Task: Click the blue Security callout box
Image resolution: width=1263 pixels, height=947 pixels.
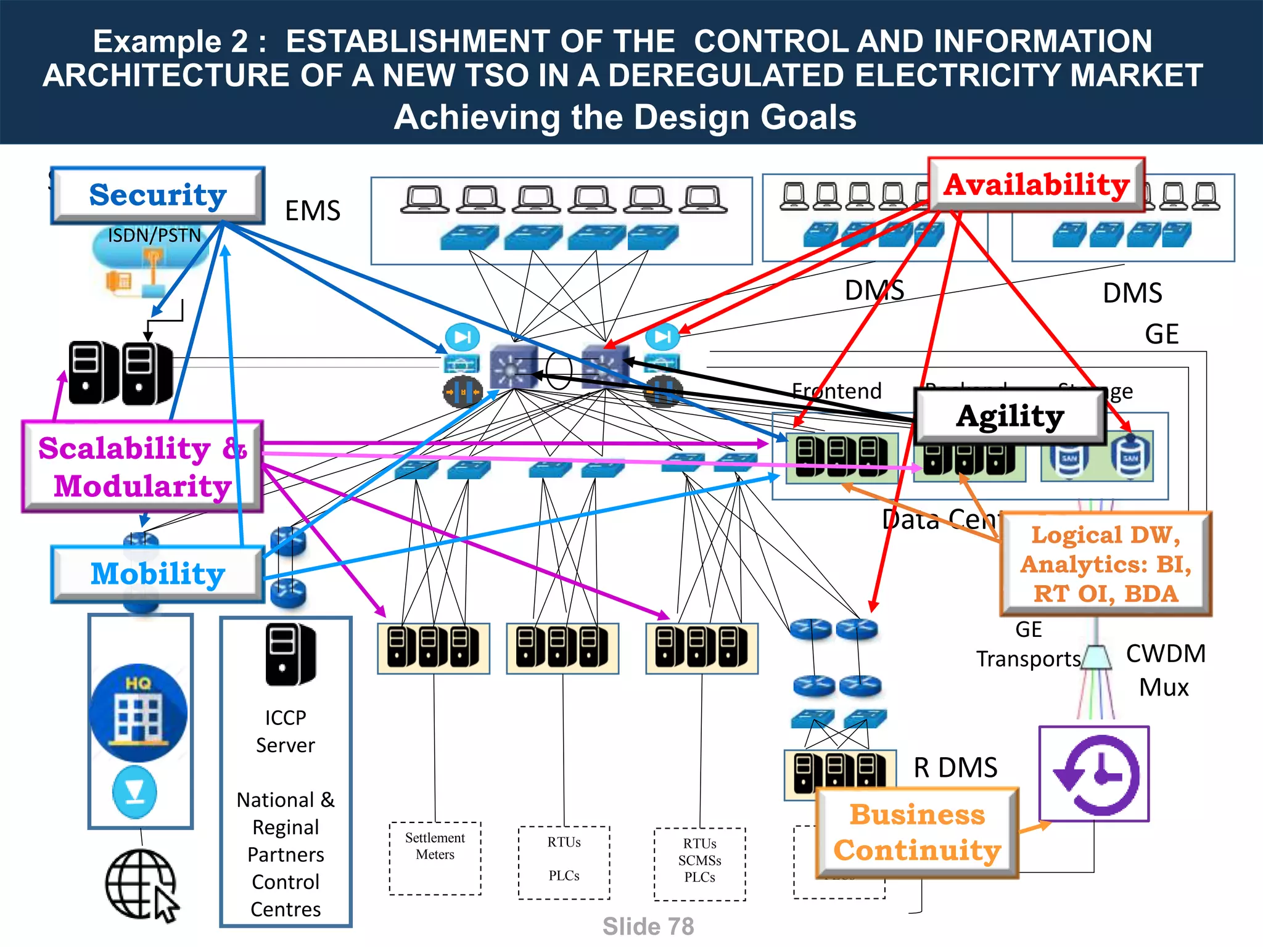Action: tap(158, 195)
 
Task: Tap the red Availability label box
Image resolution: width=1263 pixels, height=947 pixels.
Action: tap(1036, 185)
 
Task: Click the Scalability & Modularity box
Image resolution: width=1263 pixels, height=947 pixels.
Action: tap(142, 467)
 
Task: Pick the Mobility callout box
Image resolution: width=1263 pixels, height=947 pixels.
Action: tap(158, 574)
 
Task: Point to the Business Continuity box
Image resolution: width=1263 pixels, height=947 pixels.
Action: tap(916, 832)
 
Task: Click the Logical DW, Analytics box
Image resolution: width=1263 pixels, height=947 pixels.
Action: tap(1106, 564)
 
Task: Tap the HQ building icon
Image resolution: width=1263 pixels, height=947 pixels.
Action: tap(138, 713)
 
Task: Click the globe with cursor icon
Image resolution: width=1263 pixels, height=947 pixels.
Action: tap(142, 885)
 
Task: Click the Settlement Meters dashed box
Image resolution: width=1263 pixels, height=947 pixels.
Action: tap(435, 858)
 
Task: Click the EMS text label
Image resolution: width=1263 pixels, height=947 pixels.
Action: tap(313, 211)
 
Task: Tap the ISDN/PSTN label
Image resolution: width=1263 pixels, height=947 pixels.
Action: tap(154, 236)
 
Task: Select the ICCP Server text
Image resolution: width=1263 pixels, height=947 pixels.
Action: tap(286, 731)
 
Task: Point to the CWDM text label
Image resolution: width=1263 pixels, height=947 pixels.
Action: tap(1165, 654)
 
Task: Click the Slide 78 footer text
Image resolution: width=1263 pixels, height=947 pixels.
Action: tap(648, 927)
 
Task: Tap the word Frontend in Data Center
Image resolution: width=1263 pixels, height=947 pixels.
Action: tap(836, 391)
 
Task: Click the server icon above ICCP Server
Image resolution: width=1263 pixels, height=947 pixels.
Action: tap(290, 654)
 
